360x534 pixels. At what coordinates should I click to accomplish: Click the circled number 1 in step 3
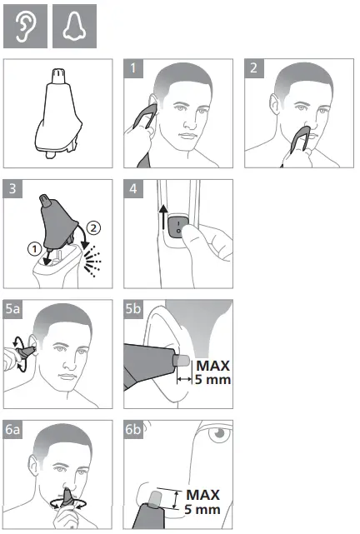35,247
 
